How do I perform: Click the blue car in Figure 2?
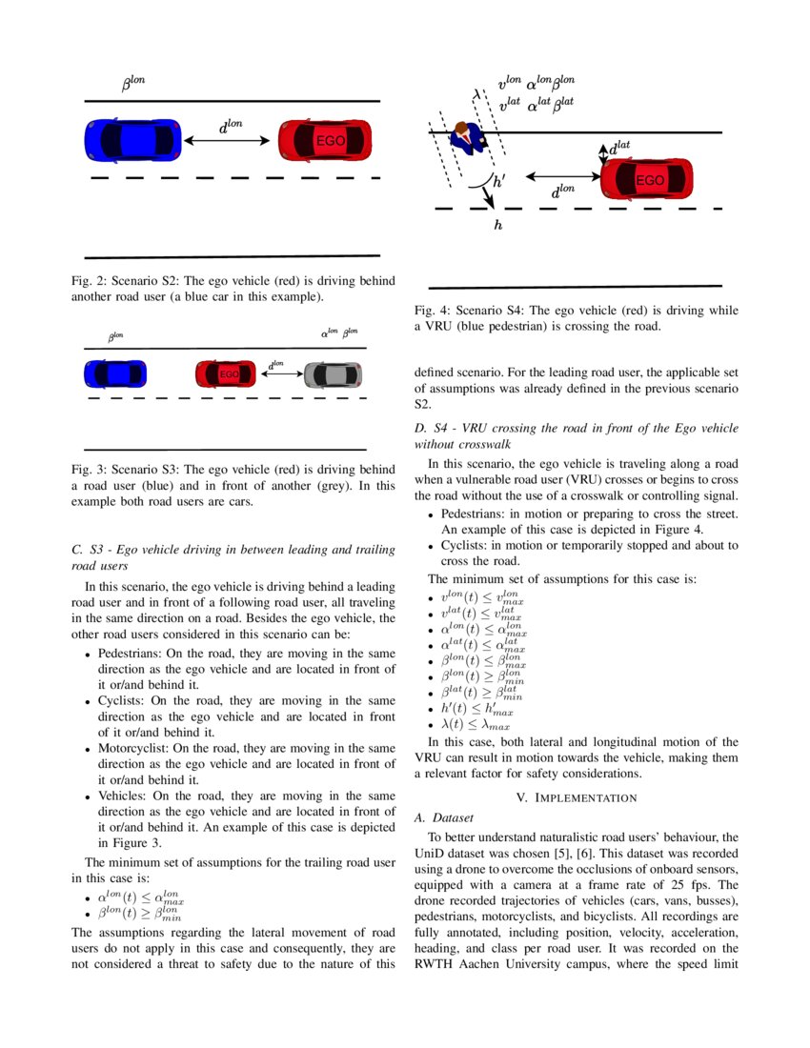pyautogui.click(x=132, y=140)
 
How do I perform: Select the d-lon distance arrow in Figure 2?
pyautogui.click(x=229, y=140)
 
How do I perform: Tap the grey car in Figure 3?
pyautogui.click(x=333, y=374)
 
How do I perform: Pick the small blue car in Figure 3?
pyautogui.click(x=115, y=373)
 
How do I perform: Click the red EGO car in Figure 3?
pyautogui.click(x=226, y=374)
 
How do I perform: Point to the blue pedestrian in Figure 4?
pyautogui.click(x=468, y=139)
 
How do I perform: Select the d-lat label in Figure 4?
pyautogui.click(x=619, y=147)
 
